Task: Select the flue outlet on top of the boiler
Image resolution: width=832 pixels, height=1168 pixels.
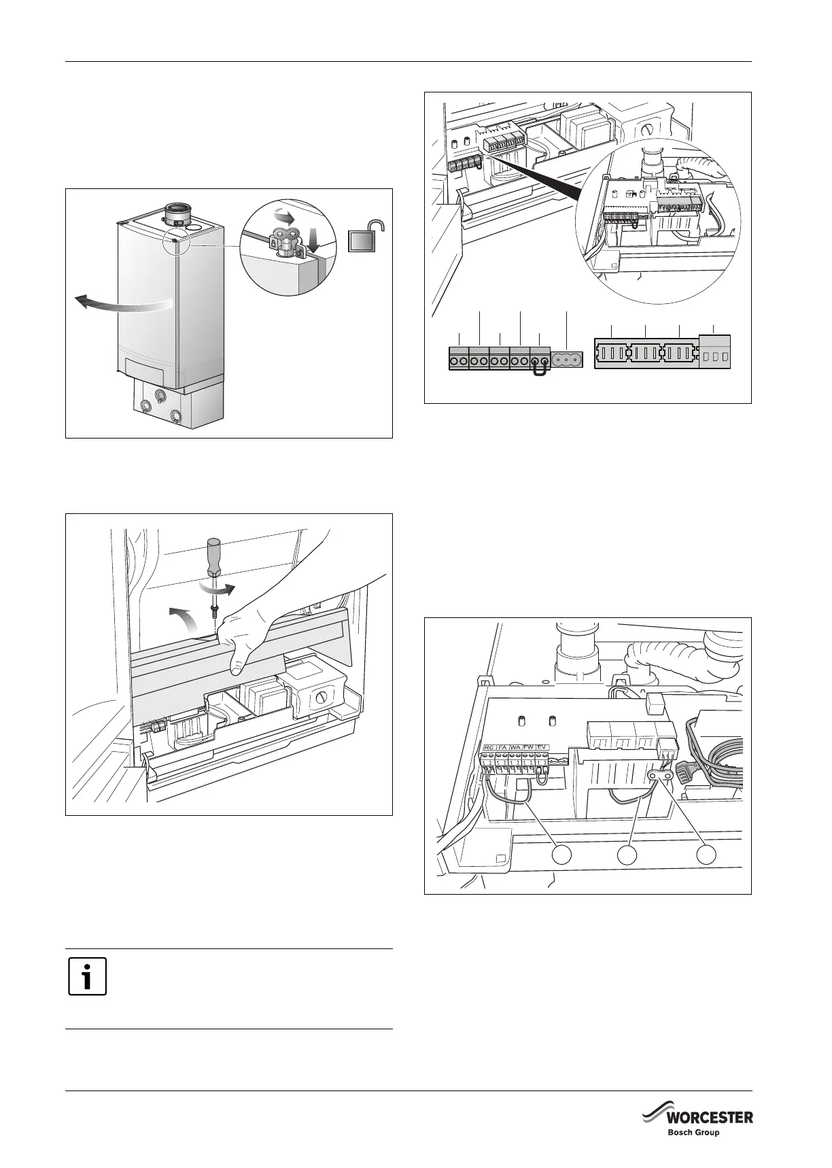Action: [x=179, y=213]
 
